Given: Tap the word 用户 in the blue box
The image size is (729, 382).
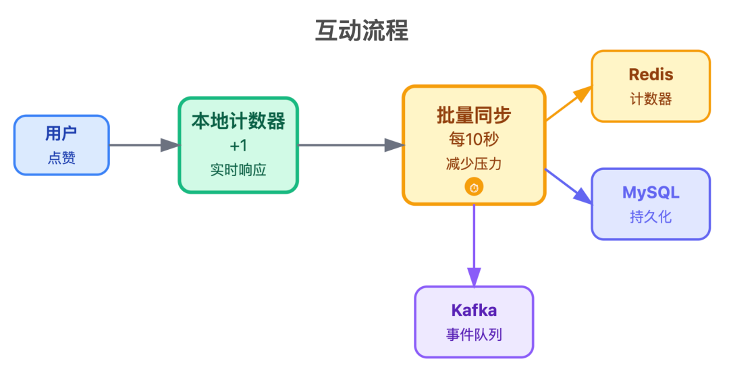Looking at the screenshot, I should (61, 134).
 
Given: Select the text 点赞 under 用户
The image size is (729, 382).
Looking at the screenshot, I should (61, 158).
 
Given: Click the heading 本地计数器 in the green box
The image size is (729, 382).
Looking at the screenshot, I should (238, 121).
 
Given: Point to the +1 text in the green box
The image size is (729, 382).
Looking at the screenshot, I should (238, 146).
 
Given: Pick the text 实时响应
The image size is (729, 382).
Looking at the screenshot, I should (238, 170).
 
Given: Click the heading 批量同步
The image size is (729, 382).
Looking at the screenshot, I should (474, 115).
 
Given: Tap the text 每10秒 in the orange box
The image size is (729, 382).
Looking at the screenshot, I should (474, 140).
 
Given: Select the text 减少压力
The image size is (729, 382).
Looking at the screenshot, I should (474, 164).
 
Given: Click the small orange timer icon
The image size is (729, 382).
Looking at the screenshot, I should (474, 188).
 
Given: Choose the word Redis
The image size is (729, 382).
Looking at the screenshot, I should (651, 74).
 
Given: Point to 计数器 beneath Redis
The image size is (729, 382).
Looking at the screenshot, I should (651, 99).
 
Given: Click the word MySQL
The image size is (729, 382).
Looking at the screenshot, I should (651, 192).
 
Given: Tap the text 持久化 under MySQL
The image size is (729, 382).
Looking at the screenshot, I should (651, 217).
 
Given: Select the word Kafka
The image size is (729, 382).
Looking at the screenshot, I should (474, 310).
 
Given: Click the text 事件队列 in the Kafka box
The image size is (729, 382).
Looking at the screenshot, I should (474, 335).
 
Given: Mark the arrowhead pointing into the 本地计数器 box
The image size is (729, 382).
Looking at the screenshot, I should (170, 144).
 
